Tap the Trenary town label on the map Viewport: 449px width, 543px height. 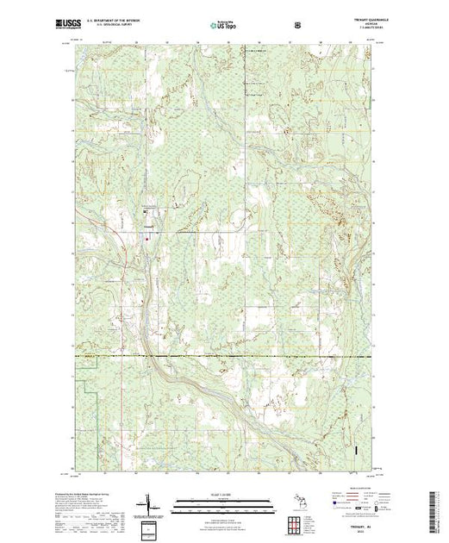(x=148, y=228)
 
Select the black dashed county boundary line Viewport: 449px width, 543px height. (x=259, y=356)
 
